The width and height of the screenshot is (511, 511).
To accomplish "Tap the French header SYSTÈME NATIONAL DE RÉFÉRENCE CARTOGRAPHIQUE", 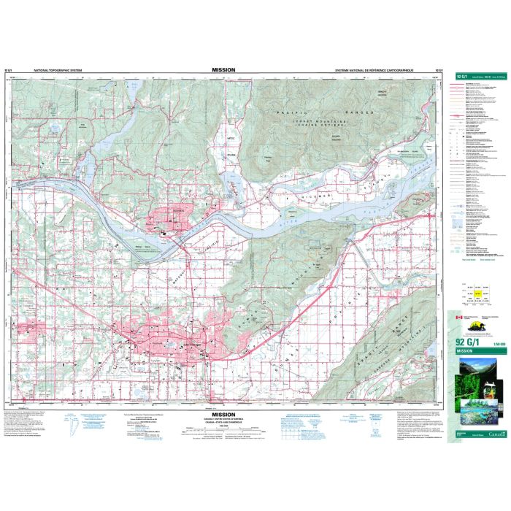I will (374, 72).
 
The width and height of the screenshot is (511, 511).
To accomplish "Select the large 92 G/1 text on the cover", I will (469, 342).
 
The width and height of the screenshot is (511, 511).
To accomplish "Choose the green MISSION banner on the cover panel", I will (476, 351).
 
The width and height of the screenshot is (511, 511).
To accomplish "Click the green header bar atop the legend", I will (476, 75).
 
